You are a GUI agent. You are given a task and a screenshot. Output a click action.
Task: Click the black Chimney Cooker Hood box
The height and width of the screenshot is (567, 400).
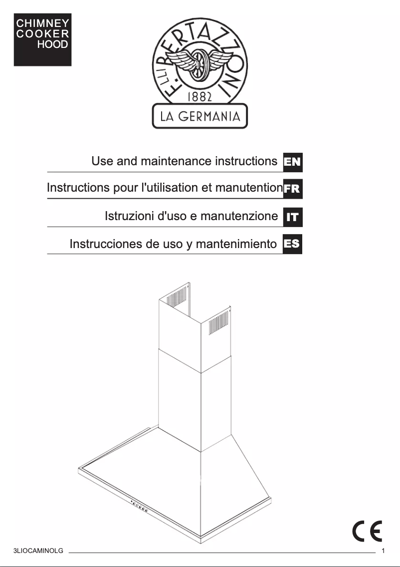[x=42, y=39]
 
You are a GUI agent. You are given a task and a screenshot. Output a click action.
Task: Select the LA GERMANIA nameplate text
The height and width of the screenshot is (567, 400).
[x=200, y=116]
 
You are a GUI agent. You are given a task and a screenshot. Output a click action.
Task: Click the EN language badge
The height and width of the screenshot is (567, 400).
[x=292, y=162]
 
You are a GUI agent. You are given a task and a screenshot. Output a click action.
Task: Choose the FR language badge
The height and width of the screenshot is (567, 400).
[x=292, y=189]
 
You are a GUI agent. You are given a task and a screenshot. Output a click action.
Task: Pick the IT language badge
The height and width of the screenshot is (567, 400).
[x=292, y=217]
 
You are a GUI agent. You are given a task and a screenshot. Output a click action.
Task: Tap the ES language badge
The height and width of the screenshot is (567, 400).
[x=292, y=244]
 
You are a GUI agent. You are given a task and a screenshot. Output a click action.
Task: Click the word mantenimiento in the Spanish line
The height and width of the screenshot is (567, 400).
[x=236, y=244]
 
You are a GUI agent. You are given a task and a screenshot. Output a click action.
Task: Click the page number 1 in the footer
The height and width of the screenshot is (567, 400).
[x=383, y=552]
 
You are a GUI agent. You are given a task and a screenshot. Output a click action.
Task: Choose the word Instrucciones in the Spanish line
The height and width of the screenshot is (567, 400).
[x=106, y=244]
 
